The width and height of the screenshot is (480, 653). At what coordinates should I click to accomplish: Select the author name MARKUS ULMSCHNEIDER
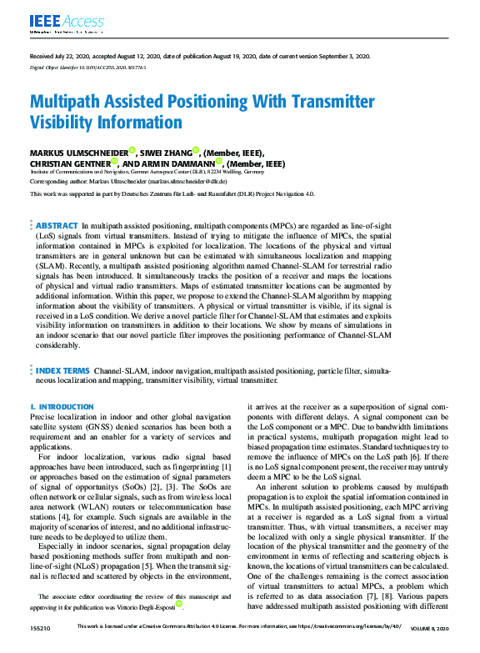coord(78,153)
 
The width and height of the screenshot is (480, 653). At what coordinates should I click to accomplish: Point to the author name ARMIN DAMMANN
coord(175,164)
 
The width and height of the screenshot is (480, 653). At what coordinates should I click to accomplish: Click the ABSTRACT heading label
coord(57,226)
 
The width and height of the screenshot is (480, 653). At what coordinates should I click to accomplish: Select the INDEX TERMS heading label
coord(63,393)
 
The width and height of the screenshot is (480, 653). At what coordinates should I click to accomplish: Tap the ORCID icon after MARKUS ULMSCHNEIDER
coord(132,152)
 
